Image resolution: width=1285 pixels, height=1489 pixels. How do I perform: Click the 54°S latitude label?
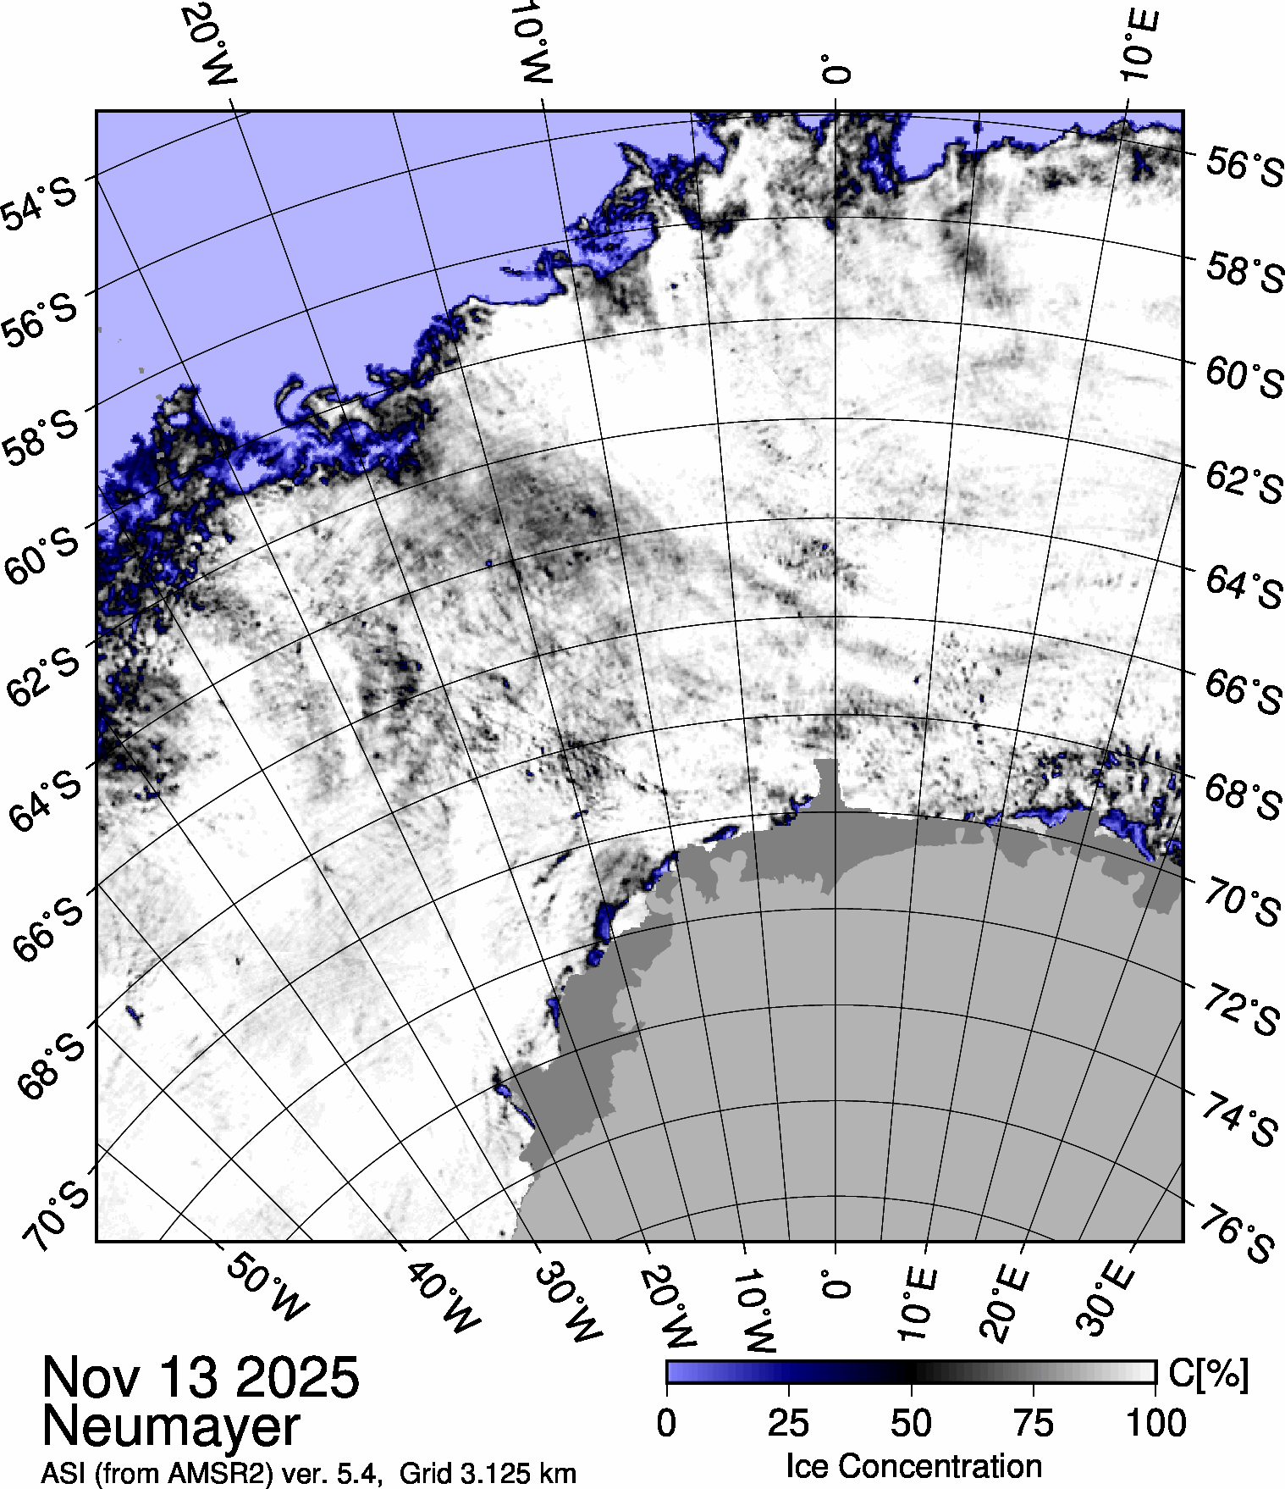point(40,203)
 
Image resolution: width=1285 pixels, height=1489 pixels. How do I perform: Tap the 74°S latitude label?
point(1240,1118)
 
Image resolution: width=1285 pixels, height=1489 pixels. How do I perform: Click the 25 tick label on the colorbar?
point(788,1424)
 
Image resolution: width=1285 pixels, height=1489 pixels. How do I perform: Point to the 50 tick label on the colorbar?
point(911,1424)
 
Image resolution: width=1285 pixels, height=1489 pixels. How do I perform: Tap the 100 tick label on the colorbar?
point(1156,1424)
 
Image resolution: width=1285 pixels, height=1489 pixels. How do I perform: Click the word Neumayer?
point(171,1426)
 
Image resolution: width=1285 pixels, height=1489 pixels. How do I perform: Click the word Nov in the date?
point(90,1378)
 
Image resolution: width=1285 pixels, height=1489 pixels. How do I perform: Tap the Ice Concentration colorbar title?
point(913,1466)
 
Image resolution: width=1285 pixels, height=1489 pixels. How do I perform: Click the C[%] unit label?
point(1208,1374)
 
